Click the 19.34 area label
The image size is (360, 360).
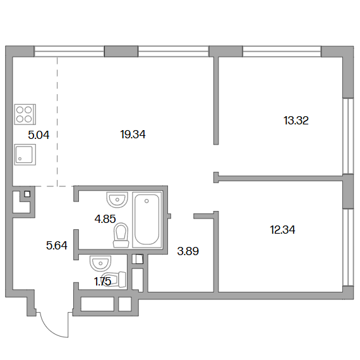(133, 135)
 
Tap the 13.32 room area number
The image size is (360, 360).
(296, 121)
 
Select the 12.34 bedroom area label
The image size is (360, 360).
(282, 230)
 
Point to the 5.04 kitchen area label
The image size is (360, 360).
(39, 135)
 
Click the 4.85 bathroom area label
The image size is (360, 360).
(105, 219)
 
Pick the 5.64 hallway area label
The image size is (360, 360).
(57, 246)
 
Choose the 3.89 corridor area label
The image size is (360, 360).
(188, 251)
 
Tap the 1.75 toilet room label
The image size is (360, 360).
(102, 282)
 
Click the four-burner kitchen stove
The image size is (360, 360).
(25, 114)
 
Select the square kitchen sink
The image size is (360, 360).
(25, 155)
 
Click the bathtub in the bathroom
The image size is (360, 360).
(147, 220)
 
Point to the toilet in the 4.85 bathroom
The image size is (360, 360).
(121, 236)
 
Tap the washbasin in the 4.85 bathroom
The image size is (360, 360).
(117, 200)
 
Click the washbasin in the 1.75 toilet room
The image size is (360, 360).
(100, 263)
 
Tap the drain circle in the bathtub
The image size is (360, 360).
(147, 201)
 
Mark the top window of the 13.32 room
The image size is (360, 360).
(282, 51)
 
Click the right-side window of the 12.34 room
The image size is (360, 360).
(348, 248)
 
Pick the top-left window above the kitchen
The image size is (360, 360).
(69, 51)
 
